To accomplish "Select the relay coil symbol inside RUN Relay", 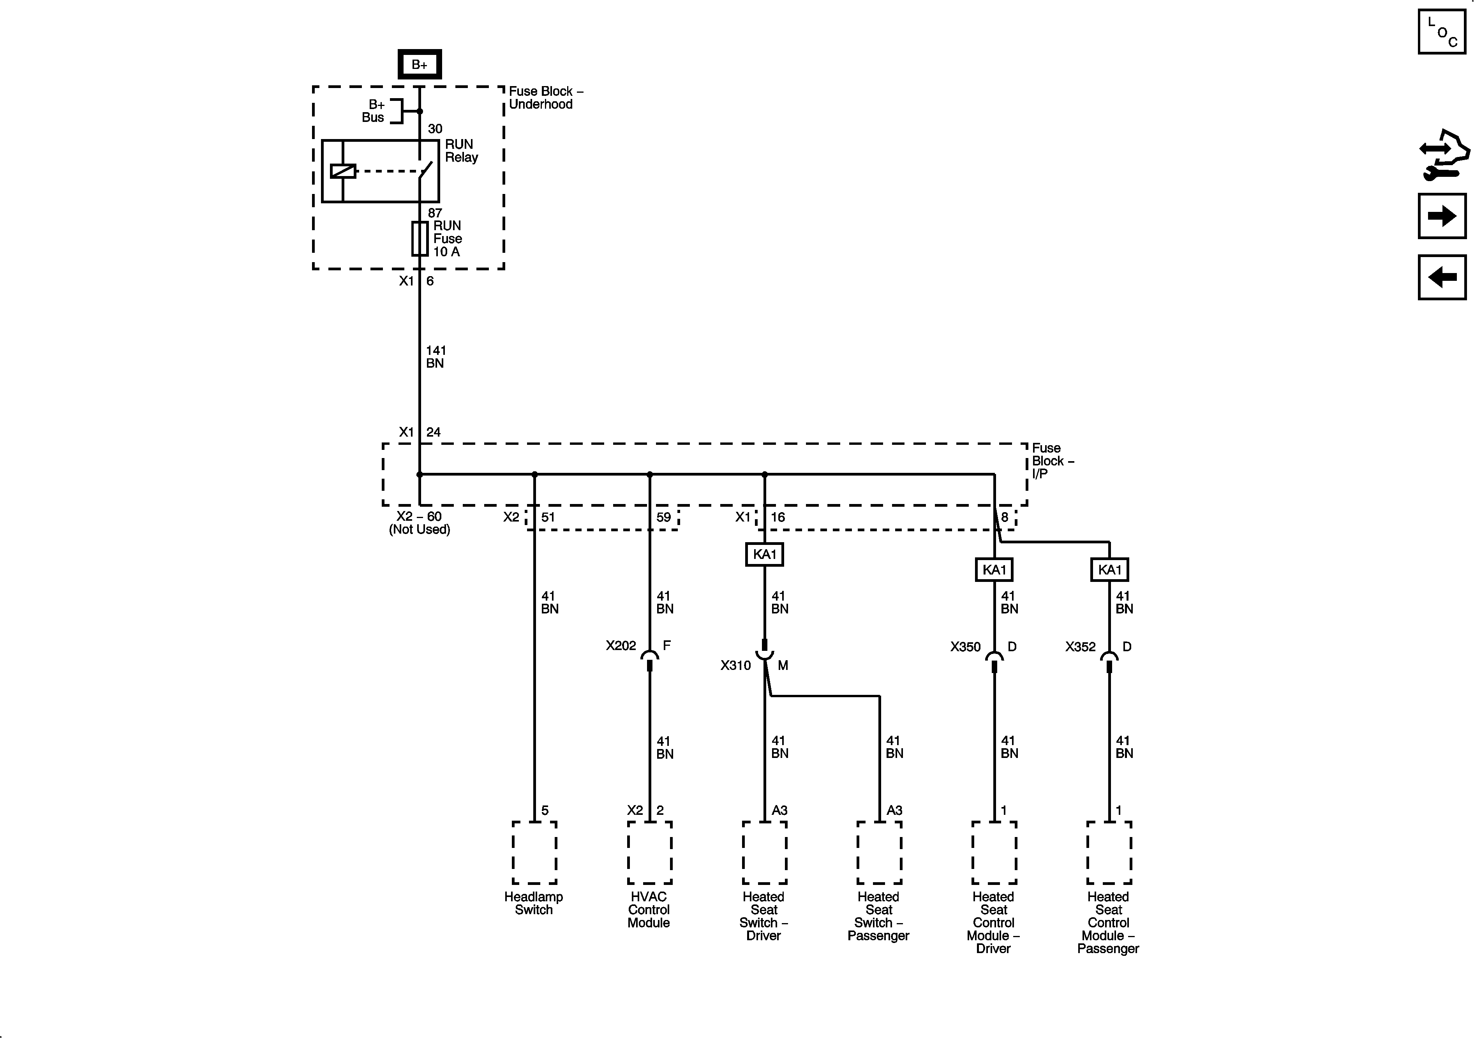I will click(x=343, y=171).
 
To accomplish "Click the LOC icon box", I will click(x=1442, y=32).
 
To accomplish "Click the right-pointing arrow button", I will click(x=1442, y=216).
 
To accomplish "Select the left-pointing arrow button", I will click(x=1442, y=277).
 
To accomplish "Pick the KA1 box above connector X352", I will click(x=1109, y=569).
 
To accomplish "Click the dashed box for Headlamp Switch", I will click(x=534, y=853).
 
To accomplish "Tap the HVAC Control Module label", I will click(x=649, y=909).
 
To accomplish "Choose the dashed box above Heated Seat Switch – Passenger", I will click(x=879, y=853).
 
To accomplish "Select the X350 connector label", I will click(x=965, y=647).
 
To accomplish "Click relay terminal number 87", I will click(x=435, y=213).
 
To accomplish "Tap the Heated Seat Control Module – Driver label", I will click(x=993, y=922).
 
